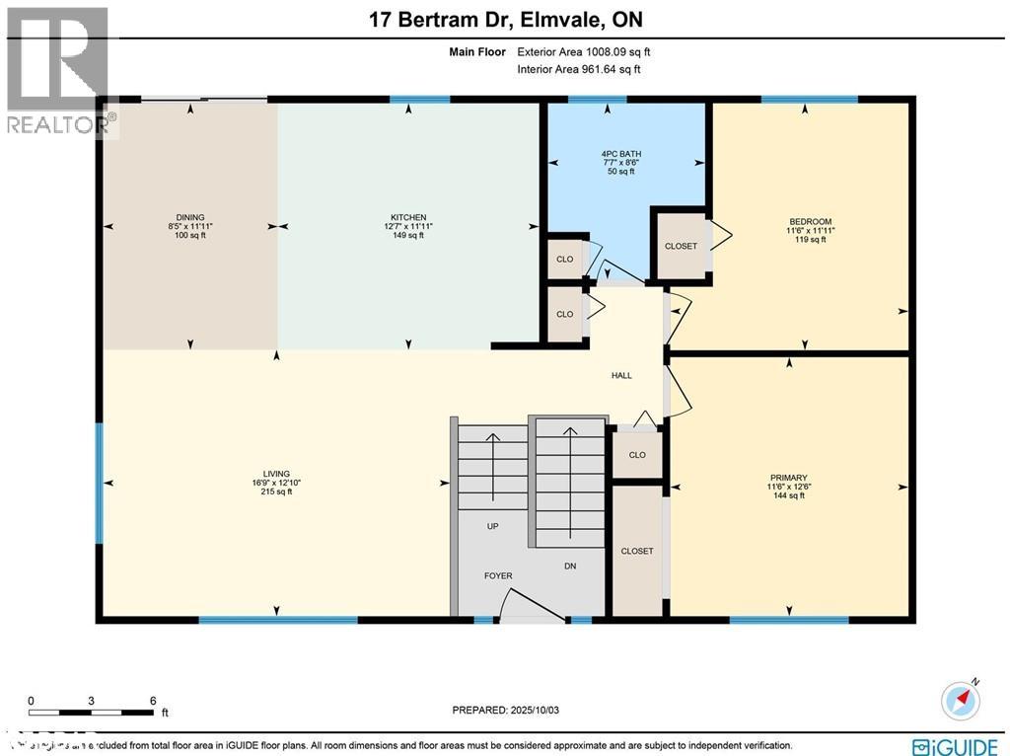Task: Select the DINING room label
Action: click(x=189, y=217)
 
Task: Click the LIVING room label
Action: click(x=276, y=473)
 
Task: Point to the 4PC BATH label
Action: click(x=619, y=154)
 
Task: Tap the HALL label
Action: click(x=621, y=375)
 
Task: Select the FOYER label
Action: click(x=498, y=575)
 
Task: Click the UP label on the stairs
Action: click(x=492, y=526)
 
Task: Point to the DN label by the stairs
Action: click(x=569, y=567)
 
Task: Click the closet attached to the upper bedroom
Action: click(x=682, y=246)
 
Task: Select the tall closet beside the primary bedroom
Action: click(x=637, y=551)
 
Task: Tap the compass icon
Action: click(x=962, y=699)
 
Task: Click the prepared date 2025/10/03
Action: click(x=504, y=710)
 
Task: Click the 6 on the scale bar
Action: click(x=153, y=700)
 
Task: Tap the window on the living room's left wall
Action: click(x=99, y=483)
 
